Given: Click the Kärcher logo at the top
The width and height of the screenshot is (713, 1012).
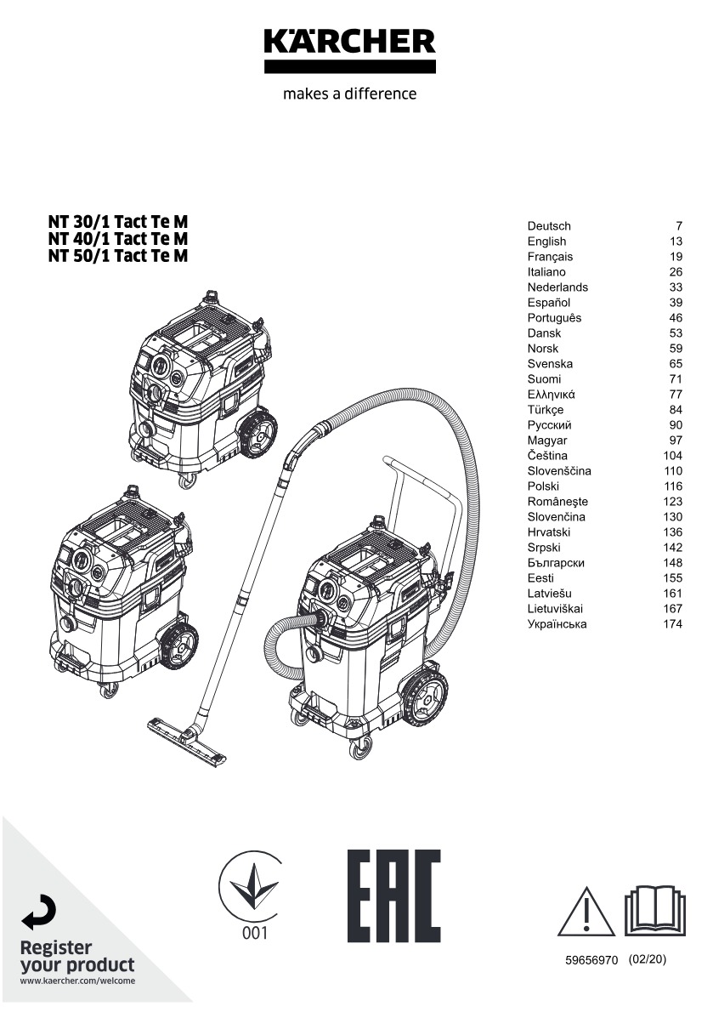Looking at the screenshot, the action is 349,49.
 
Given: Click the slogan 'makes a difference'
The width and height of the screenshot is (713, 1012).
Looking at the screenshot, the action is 349,94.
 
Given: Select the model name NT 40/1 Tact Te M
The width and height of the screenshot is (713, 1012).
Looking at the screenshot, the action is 118,239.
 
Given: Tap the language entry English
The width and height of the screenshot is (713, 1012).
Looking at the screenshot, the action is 546,242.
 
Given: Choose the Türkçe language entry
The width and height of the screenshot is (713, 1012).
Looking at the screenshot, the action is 546,410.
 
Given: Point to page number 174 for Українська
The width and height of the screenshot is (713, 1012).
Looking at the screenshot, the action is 672,624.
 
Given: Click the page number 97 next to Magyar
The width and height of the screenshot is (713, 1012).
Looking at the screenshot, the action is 676,441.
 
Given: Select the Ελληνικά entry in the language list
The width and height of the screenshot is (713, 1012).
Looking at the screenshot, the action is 552,395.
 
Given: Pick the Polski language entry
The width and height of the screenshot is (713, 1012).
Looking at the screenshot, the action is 543,486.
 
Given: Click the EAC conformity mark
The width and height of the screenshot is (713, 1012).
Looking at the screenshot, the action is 393,895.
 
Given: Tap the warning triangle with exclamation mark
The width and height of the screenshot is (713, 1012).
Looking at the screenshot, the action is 586,912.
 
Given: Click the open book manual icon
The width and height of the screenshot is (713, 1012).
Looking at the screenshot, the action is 654,912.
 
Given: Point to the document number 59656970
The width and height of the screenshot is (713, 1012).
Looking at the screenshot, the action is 591,960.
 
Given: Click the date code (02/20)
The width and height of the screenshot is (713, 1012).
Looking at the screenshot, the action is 648,959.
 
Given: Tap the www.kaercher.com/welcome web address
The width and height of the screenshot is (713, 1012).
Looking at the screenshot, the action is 77,981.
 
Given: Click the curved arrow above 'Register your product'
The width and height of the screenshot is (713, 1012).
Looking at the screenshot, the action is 40,912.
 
